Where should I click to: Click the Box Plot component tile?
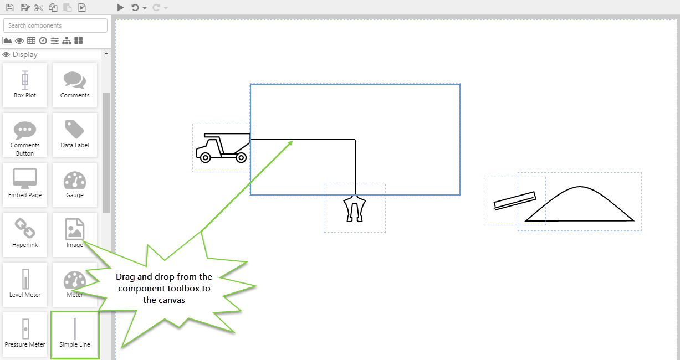click(25, 85)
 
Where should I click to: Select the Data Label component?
click(75, 135)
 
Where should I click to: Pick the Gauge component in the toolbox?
click(75, 185)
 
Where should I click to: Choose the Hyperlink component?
click(25, 235)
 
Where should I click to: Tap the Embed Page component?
click(25, 185)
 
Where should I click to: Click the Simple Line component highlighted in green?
click(75, 335)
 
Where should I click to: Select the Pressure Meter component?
click(25, 335)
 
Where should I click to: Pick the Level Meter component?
click(25, 285)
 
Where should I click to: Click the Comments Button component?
click(25, 135)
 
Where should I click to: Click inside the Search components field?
click(55, 25)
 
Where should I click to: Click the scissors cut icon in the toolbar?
click(39, 8)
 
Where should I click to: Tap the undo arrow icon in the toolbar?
click(135, 8)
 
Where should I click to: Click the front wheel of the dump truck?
click(205, 158)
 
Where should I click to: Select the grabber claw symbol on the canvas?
click(355, 209)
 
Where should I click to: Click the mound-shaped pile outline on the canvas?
click(579, 204)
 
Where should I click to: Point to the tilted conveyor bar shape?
click(515, 200)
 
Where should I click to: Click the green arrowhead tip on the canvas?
click(293, 141)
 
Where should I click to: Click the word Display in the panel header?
click(25, 55)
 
